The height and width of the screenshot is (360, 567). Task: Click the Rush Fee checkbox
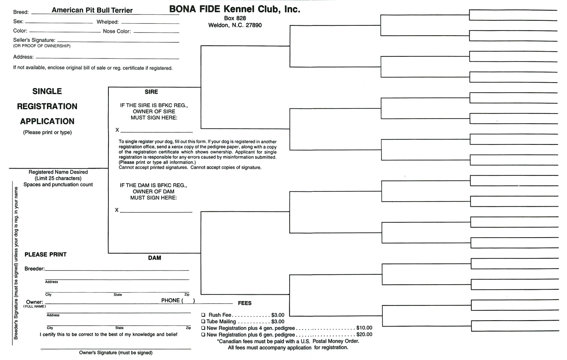[203, 315]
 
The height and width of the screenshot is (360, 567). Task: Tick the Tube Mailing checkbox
[203, 321]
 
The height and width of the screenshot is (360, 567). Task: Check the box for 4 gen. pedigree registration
[203, 328]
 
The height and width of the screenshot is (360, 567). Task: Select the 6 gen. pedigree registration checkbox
[203, 335]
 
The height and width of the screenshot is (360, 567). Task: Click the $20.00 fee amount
[364, 335]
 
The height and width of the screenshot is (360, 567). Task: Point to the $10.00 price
[364, 328]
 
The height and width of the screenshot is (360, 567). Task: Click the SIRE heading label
[151, 92]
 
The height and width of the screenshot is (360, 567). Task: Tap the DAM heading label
[155, 258]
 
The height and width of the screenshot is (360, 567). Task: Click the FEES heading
[245, 303]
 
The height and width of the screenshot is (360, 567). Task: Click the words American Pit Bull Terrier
[92, 10]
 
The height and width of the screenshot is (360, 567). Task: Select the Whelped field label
[108, 22]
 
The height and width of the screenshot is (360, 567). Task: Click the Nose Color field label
[117, 31]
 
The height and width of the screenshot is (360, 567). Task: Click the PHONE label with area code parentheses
[177, 301]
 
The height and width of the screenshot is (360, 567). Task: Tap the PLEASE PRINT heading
[45, 255]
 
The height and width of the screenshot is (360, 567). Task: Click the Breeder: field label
[34, 269]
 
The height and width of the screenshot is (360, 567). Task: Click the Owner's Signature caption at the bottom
[116, 352]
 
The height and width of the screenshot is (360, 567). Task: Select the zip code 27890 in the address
[254, 25]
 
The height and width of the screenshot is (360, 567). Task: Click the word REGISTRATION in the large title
[47, 106]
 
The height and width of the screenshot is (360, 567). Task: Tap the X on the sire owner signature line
[117, 130]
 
